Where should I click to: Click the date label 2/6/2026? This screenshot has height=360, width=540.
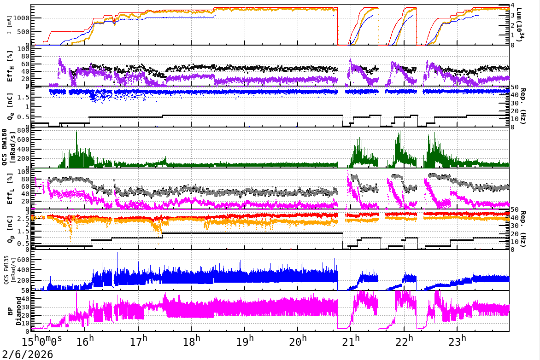[x=27, y=354]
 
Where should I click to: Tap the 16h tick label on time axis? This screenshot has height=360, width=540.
[x=85, y=342]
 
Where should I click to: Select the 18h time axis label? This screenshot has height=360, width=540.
[x=192, y=342]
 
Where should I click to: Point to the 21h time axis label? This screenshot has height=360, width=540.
[x=351, y=342]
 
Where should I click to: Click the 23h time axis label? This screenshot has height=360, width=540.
[x=458, y=342]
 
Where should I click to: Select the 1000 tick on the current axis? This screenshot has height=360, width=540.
[x=21, y=18]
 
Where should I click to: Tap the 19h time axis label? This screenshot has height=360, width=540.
[x=245, y=342]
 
